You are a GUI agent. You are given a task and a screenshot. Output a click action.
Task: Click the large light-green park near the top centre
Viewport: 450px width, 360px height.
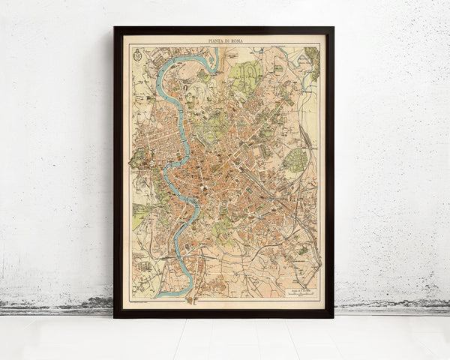point(246,75)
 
